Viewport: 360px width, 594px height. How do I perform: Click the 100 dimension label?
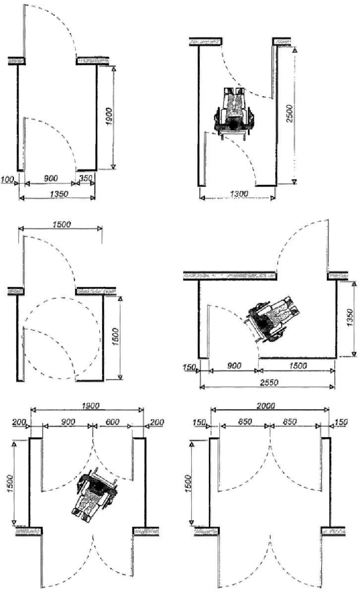pos(7,179)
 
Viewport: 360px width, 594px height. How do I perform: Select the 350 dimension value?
pos(86,178)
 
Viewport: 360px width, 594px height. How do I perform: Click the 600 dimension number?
pos(112,422)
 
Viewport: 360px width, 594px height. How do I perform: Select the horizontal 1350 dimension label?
pos(59,194)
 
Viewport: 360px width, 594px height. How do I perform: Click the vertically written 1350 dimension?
pos(350,318)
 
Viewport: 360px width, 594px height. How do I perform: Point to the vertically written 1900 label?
pos(110,117)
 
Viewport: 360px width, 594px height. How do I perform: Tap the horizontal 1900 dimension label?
pos(90,406)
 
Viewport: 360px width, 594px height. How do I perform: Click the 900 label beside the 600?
pos(68,422)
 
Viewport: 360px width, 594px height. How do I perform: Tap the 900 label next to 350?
pos(51,178)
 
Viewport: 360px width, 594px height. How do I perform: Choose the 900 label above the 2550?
pos(235,366)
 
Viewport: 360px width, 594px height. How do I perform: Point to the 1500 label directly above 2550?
pos(298,366)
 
